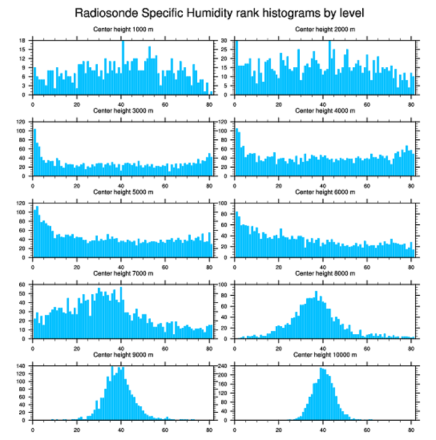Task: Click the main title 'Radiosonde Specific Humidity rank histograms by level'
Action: pos(219,12)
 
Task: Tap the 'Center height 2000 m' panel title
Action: pos(325,29)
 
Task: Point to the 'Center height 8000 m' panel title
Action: pos(325,273)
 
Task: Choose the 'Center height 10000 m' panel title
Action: pos(325,355)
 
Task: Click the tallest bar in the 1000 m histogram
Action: pos(123,67)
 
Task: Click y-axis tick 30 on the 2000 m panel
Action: pos(226,41)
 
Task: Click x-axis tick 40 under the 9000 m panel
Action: pos(121,427)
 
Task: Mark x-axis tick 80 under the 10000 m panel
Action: pos(411,427)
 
